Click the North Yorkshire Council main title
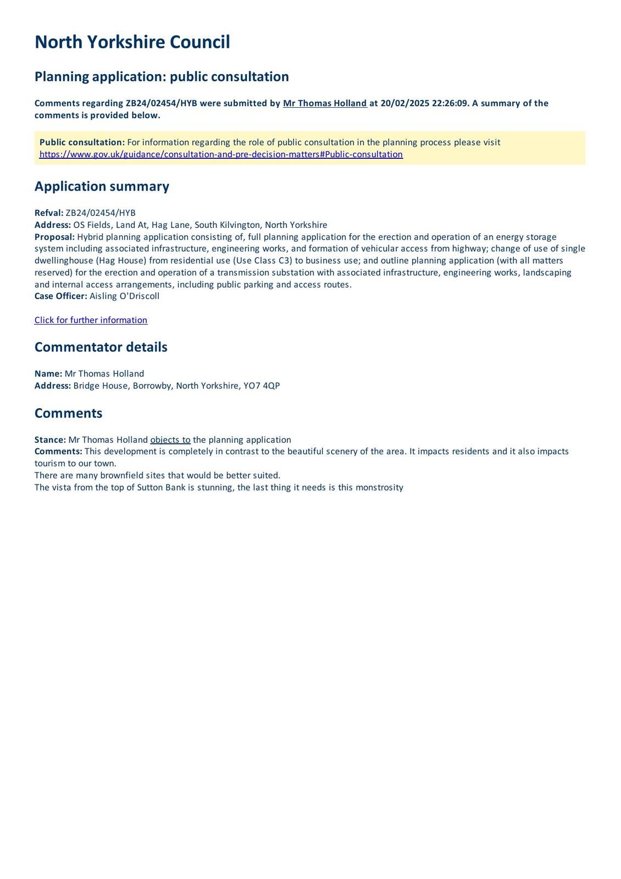click(132, 42)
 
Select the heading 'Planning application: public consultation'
click(162, 76)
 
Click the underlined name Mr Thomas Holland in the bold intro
click(325, 103)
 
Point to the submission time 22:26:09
click(450, 103)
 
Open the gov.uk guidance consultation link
click(221, 154)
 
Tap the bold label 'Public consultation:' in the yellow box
click(82, 142)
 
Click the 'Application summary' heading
click(102, 186)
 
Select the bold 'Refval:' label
click(49, 213)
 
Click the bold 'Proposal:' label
click(54, 237)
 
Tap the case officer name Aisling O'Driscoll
click(124, 296)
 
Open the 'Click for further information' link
click(91, 320)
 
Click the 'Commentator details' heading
click(101, 347)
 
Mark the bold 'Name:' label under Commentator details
click(48, 374)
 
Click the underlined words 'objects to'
click(170, 440)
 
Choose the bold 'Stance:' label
click(50, 440)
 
